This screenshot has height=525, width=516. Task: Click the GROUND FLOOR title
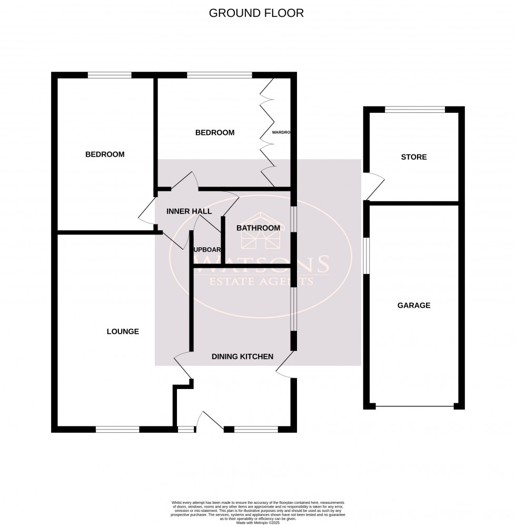(x=256, y=13)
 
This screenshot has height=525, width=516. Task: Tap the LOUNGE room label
(x=123, y=332)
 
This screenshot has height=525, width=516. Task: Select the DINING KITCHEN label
(x=242, y=357)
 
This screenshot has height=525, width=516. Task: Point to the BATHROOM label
(x=258, y=228)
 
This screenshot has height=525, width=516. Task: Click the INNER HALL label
(x=189, y=211)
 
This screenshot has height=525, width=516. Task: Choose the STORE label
(x=414, y=157)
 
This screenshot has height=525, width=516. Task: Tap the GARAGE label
(x=414, y=305)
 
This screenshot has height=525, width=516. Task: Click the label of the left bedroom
(x=105, y=154)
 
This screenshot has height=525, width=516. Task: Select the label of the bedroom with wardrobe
(x=215, y=133)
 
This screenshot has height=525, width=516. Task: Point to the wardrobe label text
(x=281, y=133)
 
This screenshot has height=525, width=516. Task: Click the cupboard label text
(x=207, y=250)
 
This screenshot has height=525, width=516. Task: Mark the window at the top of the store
(x=414, y=110)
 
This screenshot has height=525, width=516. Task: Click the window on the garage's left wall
(x=366, y=255)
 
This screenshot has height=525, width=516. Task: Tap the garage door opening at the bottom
(x=414, y=406)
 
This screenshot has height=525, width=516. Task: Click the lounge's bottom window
(x=117, y=430)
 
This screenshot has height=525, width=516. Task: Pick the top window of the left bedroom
(x=110, y=75)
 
